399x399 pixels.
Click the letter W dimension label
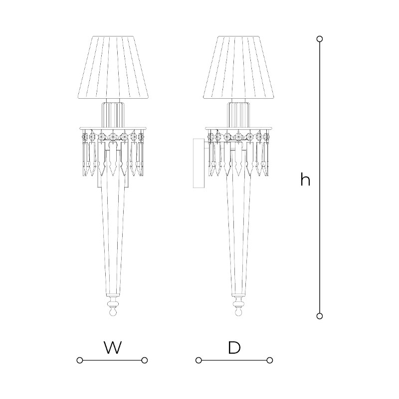pyautogui.click(x=113, y=347)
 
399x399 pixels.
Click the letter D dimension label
pyautogui.click(x=234, y=347)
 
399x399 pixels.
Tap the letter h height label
pyautogui.click(x=305, y=179)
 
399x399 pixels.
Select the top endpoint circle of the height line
pyautogui.click(x=320, y=39)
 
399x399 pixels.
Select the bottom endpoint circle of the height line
pyautogui.click(x=320, y=316)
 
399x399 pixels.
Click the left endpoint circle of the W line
pyautogui.click(x=80, y=360)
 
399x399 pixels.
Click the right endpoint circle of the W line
pyautogui.click(x=145, y=360)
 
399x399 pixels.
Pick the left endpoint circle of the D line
pyautogui.click(x=199, y=360)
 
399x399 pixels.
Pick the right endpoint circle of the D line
pyautogui.click(x=270, y=360)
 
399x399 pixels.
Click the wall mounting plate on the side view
pyautogui.click(x=199, y=163)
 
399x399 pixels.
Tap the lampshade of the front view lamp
pyautogui.click(x=113, y=67)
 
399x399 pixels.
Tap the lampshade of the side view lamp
pyautogui.click(x=238, y=67)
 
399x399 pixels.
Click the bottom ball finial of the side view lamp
pyautogui.click(x=238, y=311)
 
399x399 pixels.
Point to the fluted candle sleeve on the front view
pyautogui.click(x=113, y=114)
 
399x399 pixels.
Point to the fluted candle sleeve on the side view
pyautogui.click(x=238, y=114)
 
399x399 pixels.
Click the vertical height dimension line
pyautogui.click(x=320, y=178)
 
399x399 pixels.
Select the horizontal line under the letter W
pyautogui.click(x=112, y=360)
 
